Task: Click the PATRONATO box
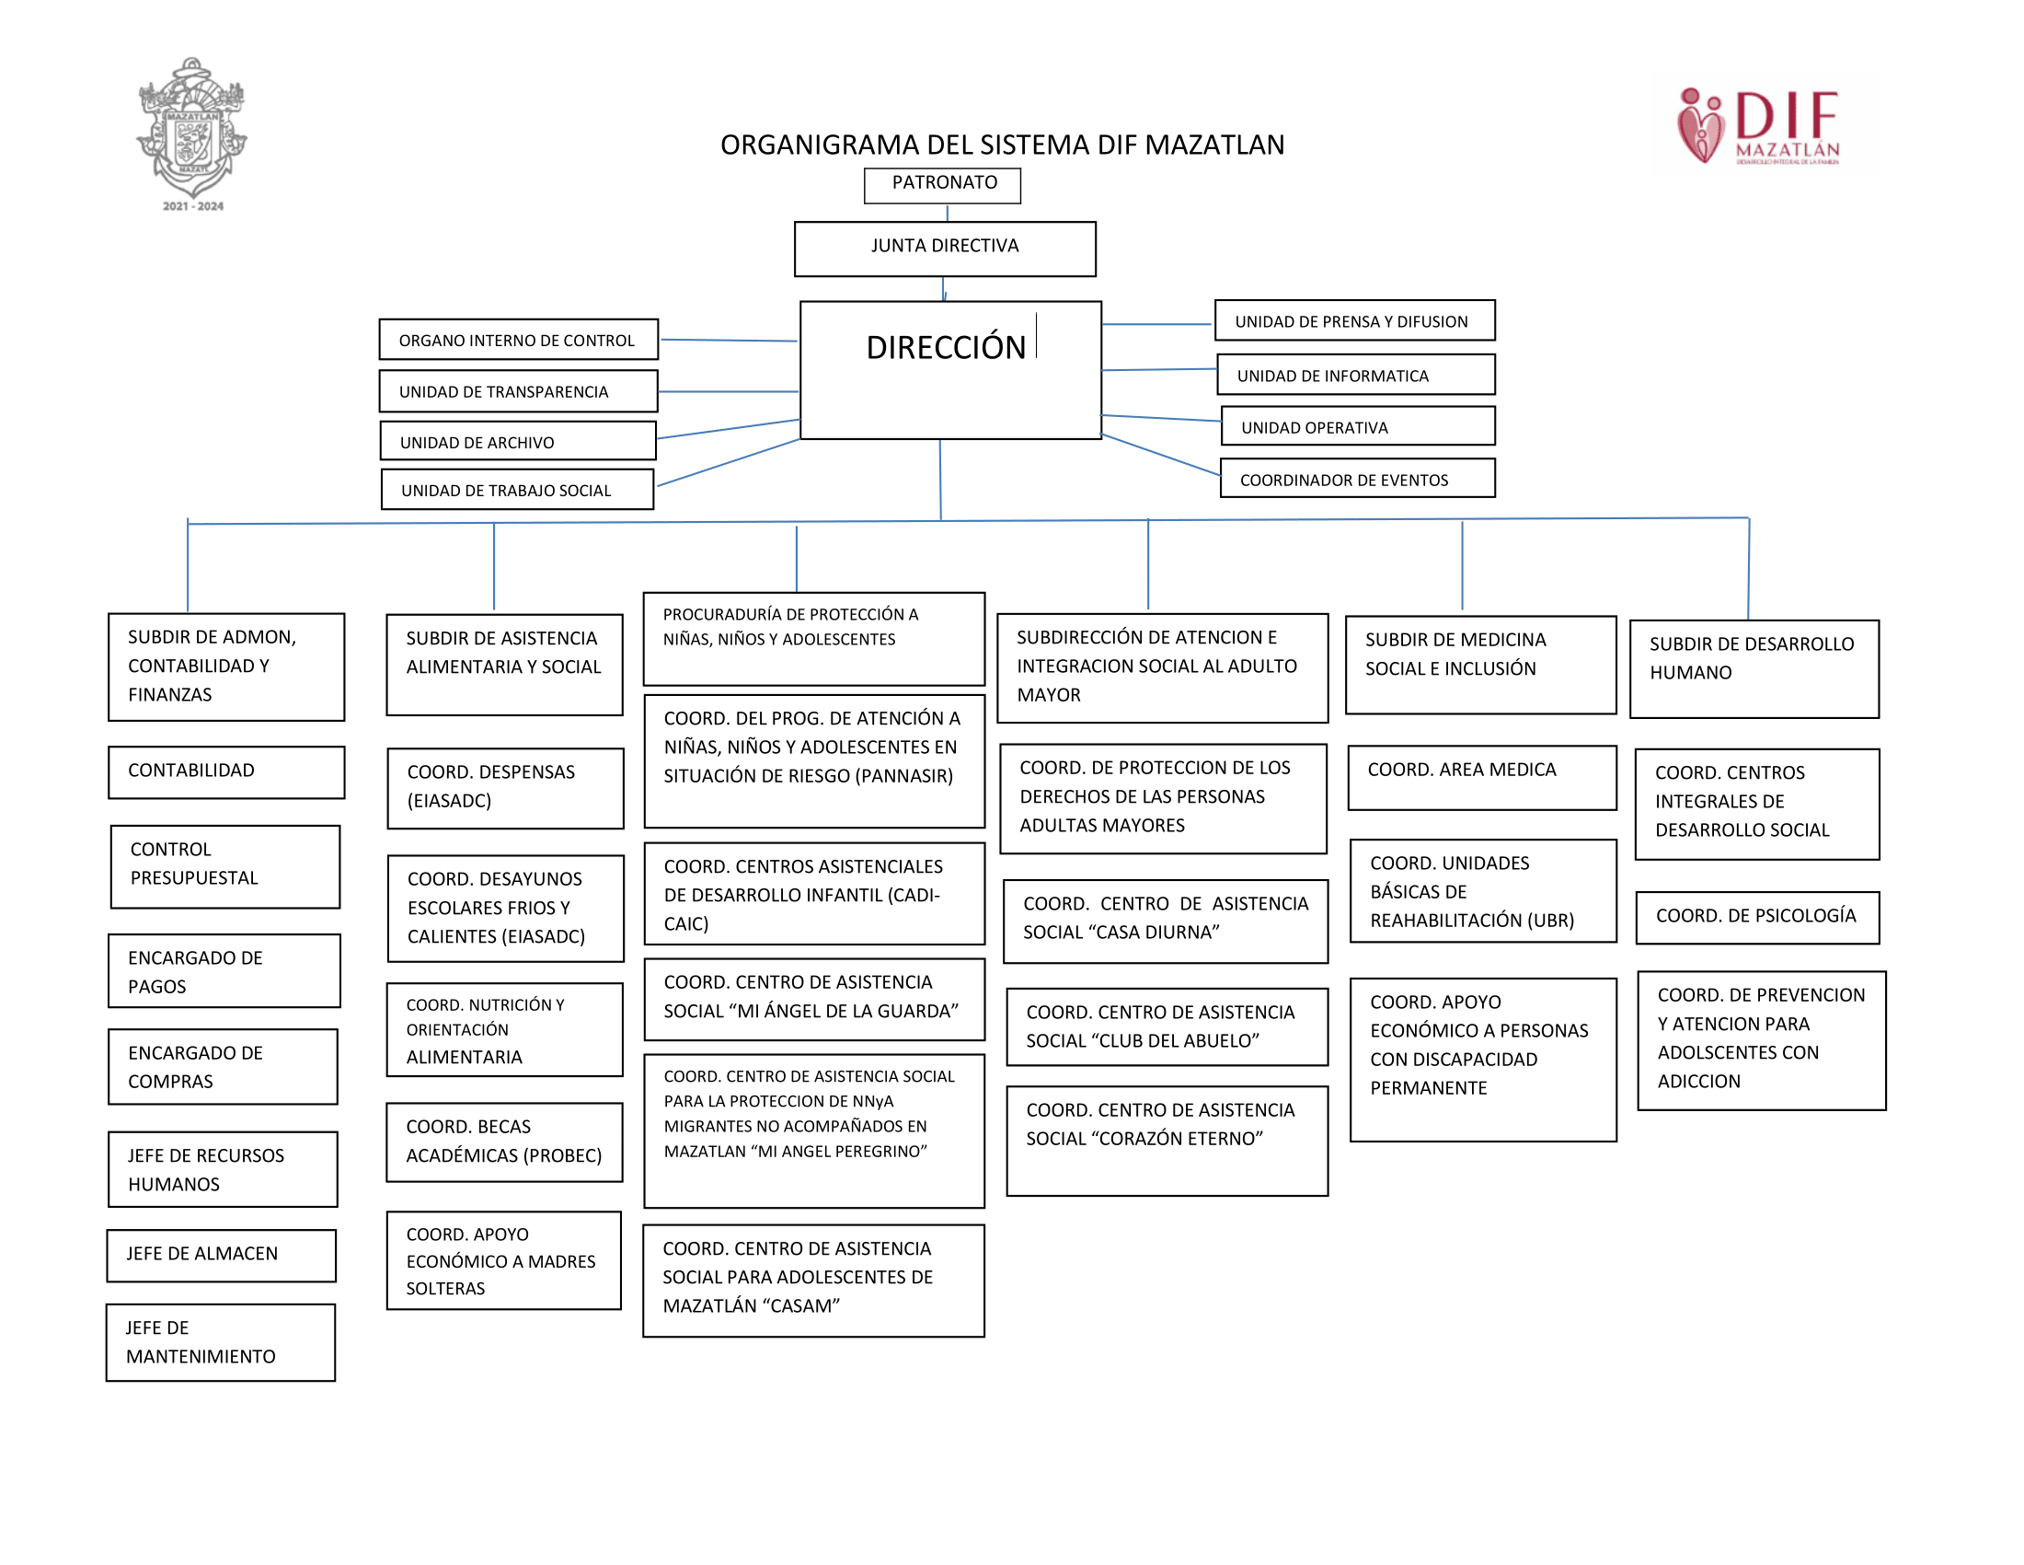(942, 184)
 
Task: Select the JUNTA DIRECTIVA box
(944, 248)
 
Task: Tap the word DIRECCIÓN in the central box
(945, 348)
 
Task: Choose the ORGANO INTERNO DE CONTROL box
(518, 341)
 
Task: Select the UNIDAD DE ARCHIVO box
(517, 441)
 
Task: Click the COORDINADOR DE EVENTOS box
(1357, 479)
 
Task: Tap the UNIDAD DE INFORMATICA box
(1355, 375)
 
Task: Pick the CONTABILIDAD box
(226, 771)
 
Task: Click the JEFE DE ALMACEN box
(221, 1255)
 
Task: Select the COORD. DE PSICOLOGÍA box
(1757, 917)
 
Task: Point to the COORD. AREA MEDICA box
(1481, 777)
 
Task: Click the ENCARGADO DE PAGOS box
(224, 970)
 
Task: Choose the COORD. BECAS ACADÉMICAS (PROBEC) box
(504, 1142)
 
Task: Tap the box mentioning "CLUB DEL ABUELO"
(1167, 1026)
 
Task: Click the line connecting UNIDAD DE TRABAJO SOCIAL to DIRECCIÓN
(728, 462)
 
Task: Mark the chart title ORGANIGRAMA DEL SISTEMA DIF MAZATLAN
(1002, 145)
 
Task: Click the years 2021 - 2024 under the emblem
(193, 207)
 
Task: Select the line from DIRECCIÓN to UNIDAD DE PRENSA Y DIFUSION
(1157, 323)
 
